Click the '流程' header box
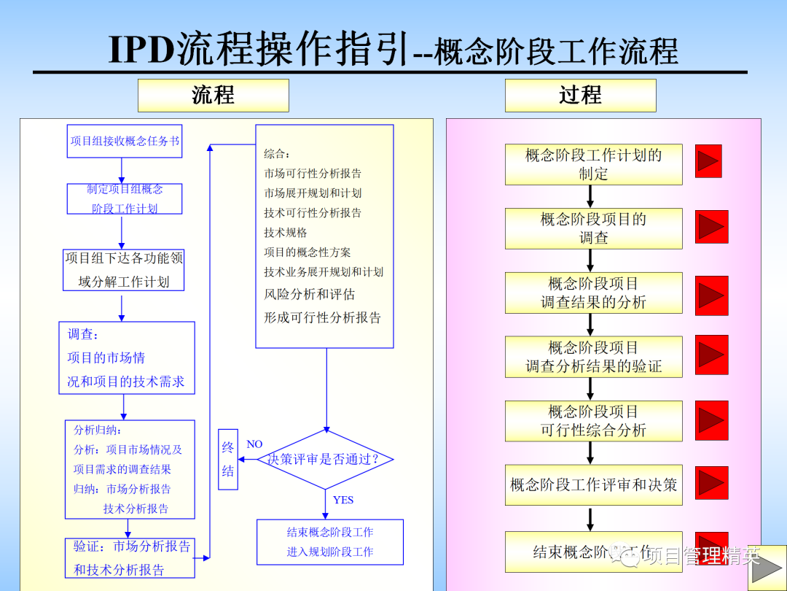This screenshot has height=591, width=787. [213, 96]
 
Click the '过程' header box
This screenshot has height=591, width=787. [580, 96]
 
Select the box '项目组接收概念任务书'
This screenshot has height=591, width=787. [124, 141]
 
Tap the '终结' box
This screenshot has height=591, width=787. [228, 459]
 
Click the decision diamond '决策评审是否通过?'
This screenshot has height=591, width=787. [325, 460]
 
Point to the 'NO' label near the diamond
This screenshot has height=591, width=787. [254, 444]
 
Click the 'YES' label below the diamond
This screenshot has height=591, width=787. [342, 500]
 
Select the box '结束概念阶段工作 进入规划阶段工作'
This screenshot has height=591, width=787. [329, 542]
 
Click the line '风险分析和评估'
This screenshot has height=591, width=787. [310, 295]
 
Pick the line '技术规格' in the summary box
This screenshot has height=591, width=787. [286, 233]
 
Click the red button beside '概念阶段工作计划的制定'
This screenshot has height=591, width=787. [708, 161]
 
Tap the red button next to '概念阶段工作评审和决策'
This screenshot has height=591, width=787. [711, 483]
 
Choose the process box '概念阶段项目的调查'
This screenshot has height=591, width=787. [593, 228]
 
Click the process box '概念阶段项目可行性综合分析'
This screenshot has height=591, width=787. [593, 421]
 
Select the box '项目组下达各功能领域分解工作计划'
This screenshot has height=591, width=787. [123, 270]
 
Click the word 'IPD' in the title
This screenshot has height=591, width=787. [143, 50]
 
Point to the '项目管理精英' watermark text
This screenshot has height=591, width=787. [703, 557]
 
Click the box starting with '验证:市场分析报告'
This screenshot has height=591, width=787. [129, 558]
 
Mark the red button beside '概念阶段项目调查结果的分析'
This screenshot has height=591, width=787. [711, 294]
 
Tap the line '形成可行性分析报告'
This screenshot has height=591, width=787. [322, 318]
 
